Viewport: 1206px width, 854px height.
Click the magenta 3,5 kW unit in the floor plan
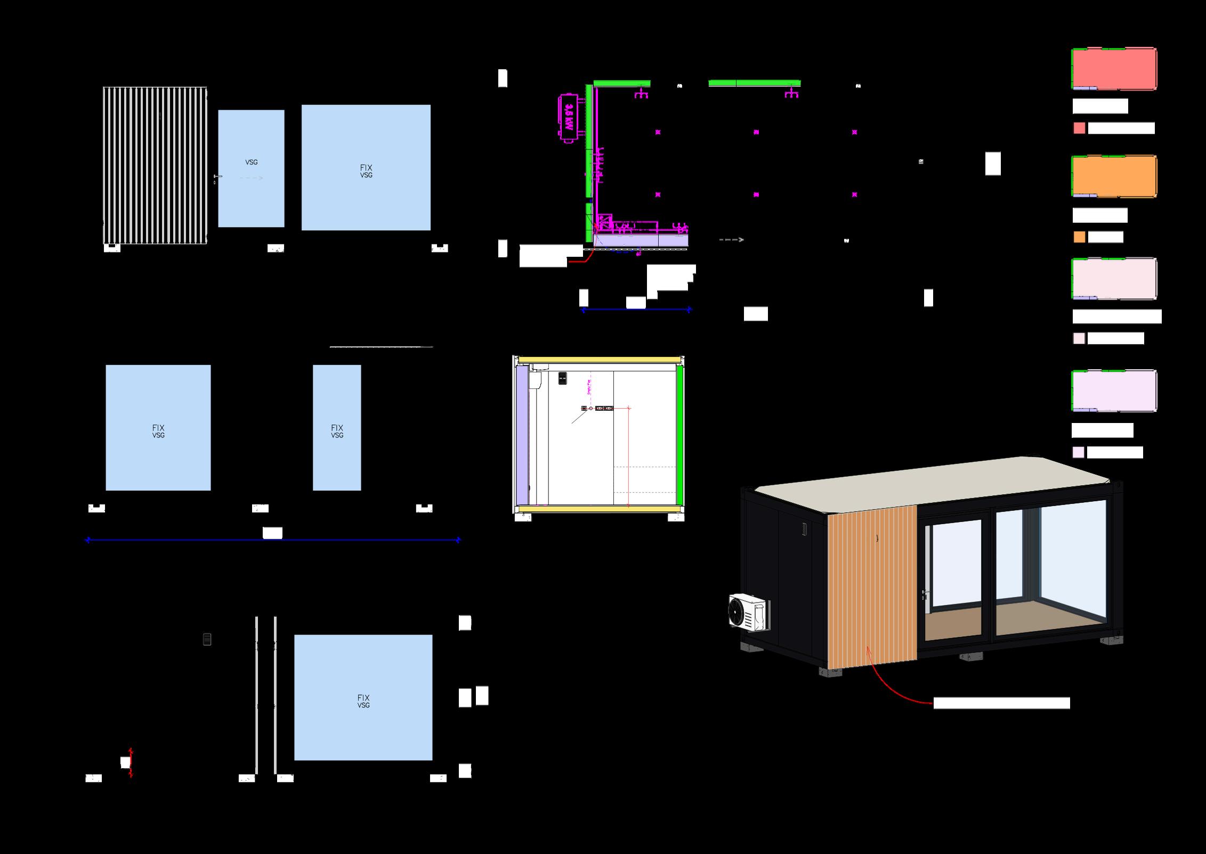pos(569,119)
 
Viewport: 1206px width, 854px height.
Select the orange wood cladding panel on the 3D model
pos(871,586)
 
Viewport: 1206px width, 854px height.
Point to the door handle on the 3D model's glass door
pos(925,594)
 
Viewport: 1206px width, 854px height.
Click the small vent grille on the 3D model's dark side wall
pos(804,529)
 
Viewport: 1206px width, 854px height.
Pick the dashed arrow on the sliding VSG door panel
pos(251,178)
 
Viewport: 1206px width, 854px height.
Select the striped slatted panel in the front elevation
pos(155,165)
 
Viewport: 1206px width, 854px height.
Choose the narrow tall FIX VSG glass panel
pos(337,427)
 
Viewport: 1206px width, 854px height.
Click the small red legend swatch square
pos(1079,128)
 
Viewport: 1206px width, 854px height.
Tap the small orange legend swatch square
pos(1079,237)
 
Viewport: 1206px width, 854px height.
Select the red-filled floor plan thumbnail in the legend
pos(1114,69)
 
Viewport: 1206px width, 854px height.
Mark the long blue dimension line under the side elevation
pos(272,540)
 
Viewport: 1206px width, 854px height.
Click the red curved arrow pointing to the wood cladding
pos(895,687)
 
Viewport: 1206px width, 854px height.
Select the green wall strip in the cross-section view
pos(679,434)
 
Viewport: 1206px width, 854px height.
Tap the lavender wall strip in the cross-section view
pos(522,434)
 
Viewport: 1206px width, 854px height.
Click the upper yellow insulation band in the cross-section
pos(599,360)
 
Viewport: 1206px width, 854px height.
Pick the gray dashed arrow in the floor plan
pos(731,240)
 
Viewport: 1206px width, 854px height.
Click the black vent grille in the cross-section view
pos(562,378)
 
